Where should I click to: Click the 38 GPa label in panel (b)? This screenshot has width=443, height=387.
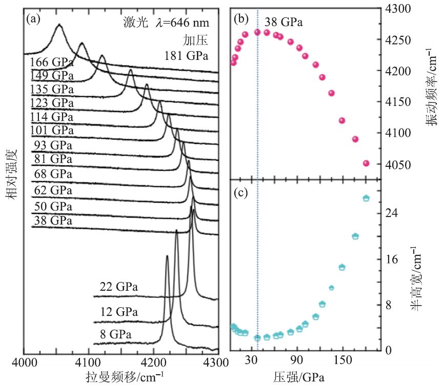coord(284,23)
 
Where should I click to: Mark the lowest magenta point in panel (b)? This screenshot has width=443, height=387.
coord(366,163)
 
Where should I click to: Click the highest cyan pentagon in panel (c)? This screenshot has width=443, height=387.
coord(366,198)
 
